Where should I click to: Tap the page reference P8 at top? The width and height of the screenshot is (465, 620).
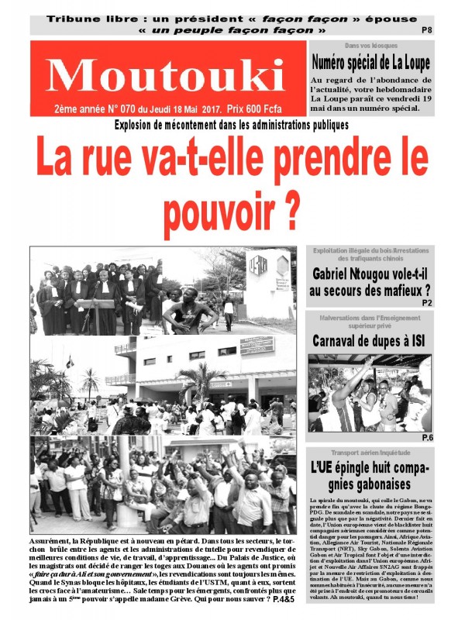(425, 30)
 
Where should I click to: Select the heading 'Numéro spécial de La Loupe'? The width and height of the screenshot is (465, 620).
(370, 63)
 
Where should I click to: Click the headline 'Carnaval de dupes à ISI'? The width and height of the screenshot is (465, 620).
(370, 341)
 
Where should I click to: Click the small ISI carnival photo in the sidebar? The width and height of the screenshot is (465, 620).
(369, 393)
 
